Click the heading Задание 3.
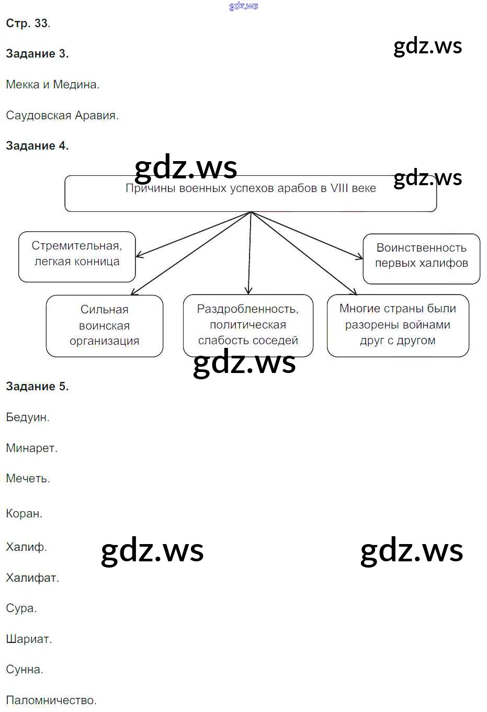(x=37, y=54)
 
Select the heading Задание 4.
(x=37, y=146)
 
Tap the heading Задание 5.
(x=37, y=387)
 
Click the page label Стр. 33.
(x=28, y=24)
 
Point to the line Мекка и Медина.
(x=53, y=85)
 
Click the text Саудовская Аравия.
(x=62, y=116)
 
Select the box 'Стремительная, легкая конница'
(x=77, y=256)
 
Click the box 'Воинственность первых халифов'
(x=421, y=258)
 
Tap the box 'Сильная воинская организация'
(x=105, y=325)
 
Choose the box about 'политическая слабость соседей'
(x=248, y=325)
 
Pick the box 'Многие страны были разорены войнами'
(x=398, y=325)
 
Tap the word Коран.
(x=24, y=514)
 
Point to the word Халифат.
(x=32, y=578)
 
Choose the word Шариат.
(x=29, y=639)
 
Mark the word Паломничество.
(x=51, y=700)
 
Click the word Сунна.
(x=25, y=670)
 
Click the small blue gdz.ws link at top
(x=244, y=6)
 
